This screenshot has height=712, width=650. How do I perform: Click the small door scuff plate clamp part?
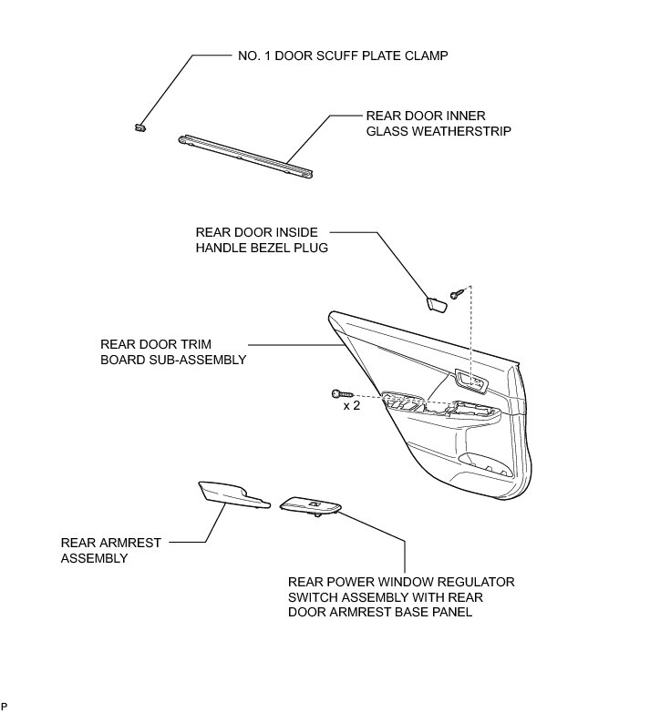[139, 126]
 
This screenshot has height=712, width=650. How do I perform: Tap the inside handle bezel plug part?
[435, 303]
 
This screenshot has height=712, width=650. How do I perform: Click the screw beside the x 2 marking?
[338, 393]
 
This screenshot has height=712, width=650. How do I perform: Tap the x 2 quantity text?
[351, 407]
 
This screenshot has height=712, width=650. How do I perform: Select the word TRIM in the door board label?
[196, 344]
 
